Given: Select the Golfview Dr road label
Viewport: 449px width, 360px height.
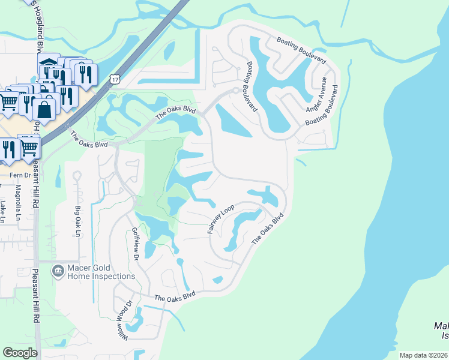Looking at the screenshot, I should (135, 244).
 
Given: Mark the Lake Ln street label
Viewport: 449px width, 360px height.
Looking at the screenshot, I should (3, 211).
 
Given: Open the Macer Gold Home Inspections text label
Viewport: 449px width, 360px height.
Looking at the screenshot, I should (101, 272).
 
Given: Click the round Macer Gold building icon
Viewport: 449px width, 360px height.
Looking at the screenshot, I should (58, 272).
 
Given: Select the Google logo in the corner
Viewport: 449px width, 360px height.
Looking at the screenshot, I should (20, 352).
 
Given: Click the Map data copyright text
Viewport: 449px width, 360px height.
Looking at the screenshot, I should (423, 355).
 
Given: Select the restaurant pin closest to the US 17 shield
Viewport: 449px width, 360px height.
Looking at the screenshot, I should (85, 74).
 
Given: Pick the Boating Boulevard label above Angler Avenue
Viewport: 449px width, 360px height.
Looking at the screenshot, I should (301, 50).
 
